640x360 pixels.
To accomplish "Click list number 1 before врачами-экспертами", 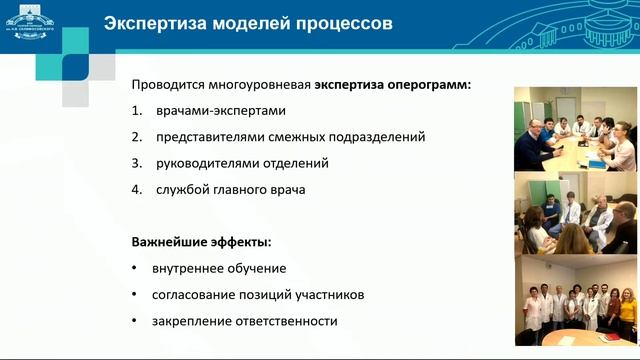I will (x=135, y=111).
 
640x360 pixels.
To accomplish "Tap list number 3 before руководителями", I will (x=135, y=163).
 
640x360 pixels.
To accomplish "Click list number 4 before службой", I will (x=135, y=189).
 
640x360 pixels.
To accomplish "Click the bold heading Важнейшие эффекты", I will (x=201, y=243).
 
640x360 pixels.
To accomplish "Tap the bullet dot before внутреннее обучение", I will (x=135, y=269).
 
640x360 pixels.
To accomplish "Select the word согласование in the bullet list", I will (x=195, y=295).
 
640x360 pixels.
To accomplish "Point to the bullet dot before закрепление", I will (x=135, y=321).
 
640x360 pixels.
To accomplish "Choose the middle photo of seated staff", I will (x=574, y=215).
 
